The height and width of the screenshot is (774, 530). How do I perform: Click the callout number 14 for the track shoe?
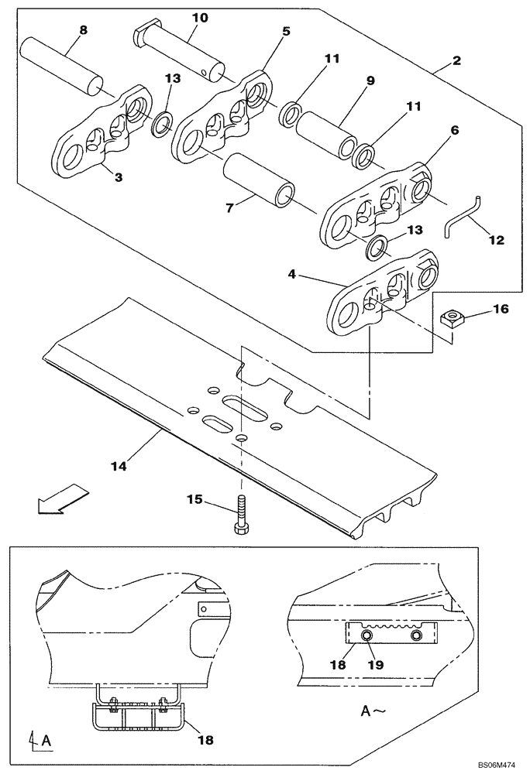(x=119, y=466)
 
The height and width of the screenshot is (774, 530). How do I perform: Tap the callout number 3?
(x=118, y=177)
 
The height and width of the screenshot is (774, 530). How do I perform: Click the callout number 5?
(x=286, y=32)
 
